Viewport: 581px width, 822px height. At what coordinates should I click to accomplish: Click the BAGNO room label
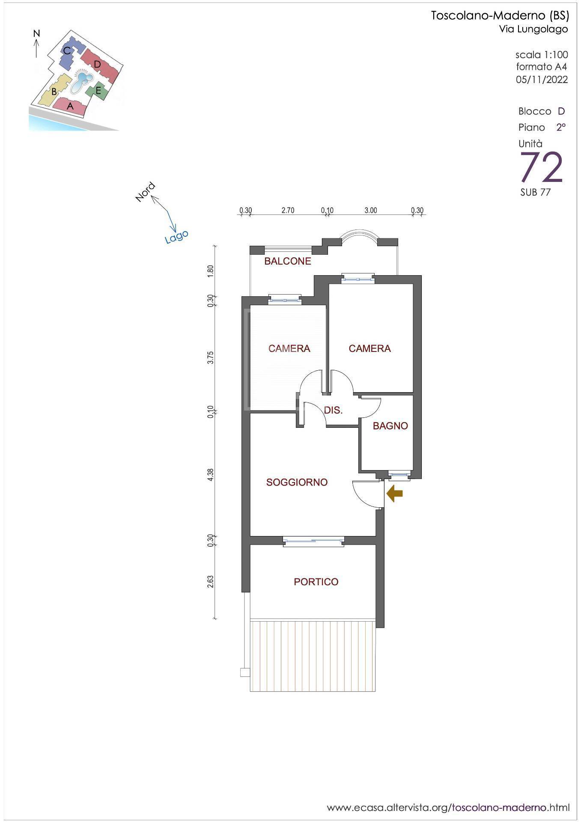[x=390, y=426]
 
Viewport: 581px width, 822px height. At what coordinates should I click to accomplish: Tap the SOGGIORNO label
[x=297, y=482]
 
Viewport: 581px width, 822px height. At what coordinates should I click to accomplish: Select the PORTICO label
[x=316, y=582]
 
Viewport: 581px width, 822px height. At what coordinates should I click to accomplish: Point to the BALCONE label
[x=288, y=261]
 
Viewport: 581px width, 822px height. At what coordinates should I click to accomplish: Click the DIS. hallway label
[x=333, y=410]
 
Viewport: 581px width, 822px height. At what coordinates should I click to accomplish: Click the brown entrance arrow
[x=394, y=494]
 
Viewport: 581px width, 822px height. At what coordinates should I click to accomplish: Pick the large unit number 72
[x=541, y=167]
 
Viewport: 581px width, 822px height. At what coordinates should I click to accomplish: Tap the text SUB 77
[x=535, y=192]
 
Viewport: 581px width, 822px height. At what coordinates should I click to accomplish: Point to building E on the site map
[x=98, y=90]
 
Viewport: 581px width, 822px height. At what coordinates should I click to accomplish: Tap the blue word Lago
[x=177, y=236]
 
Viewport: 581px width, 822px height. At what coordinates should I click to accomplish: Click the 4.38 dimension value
[x=211, y=475]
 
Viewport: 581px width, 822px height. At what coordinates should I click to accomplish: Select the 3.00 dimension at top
[x=371, y=210]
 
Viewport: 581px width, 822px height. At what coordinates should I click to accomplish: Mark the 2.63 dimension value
[x=211, y=581]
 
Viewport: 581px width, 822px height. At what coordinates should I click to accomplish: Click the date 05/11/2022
[x=542, y=80]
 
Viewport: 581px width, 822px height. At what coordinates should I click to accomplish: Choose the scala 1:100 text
[x=542, y=55]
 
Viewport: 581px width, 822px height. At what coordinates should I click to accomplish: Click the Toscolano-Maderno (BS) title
[x=500, y=16]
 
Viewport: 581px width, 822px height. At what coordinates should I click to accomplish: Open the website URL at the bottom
[x=448, y=807]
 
